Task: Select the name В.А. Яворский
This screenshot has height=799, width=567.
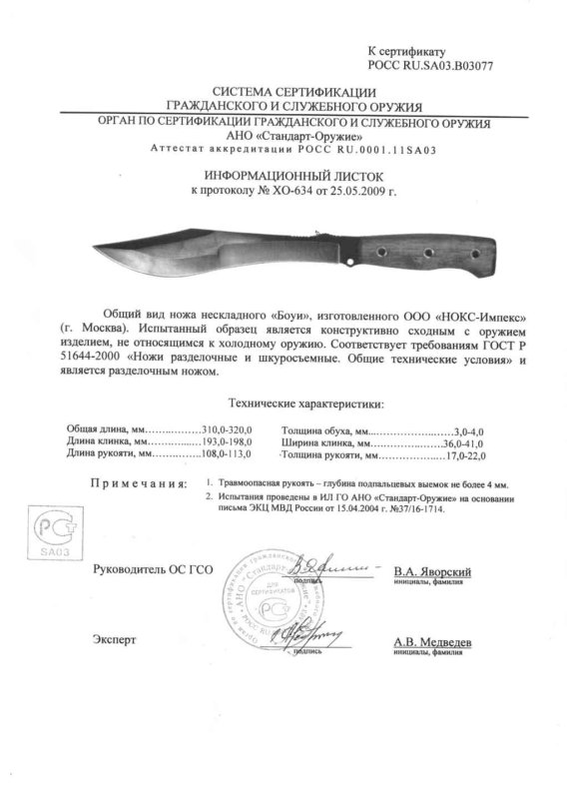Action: pyautogui.click(x=432, y=570)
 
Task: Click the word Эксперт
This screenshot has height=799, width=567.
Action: pyautogui.click(x=112, y=637)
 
